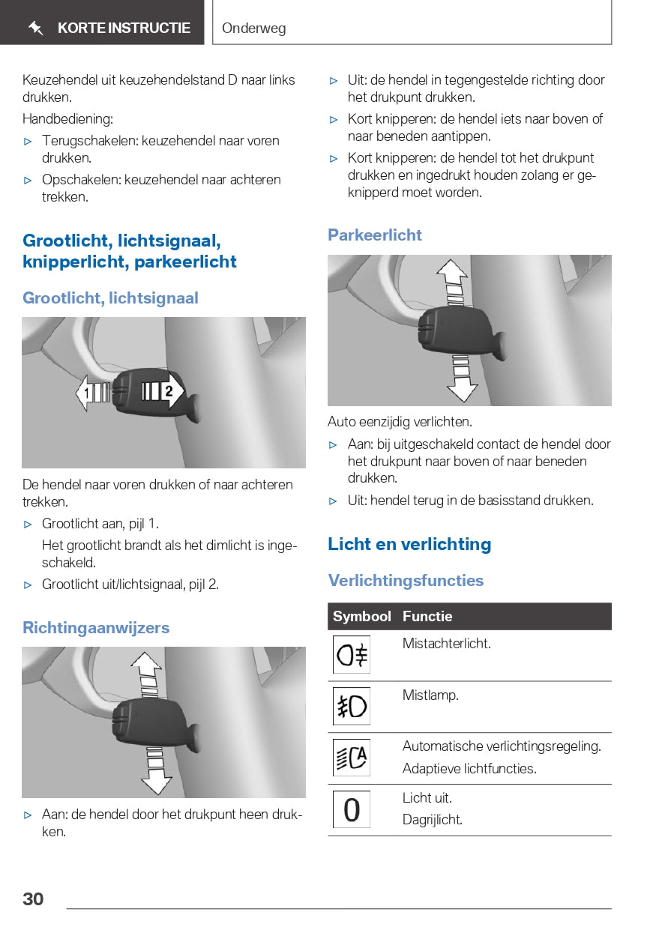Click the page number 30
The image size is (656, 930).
pyautogui.click(x=33, y=899)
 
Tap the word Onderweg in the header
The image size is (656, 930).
pyautogui.click(x=253, y=29)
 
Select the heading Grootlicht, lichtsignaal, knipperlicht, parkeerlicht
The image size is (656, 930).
pyautogui.click(x=130, y=251)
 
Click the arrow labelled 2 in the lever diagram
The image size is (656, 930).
pyautogui.click(x=166, y=391)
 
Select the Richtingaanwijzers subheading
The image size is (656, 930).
pyautogui.click(x=96, y=627)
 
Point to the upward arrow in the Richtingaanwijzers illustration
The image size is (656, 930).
pyautogui.click(x=146, y=674)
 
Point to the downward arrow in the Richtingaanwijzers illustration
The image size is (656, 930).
pyautogui.click(x=156, y=770)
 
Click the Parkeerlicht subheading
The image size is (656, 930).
pyautogui.click(x=375, y=235)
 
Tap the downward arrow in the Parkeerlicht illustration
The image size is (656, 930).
pyautogui.click(x=462, y=378)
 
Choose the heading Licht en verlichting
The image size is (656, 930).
pyautogui.click(x=409, y=544)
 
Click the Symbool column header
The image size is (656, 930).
pyautogui.click(x=362, y=616)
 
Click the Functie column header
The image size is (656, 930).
pyautogui.click(x=427, y=616)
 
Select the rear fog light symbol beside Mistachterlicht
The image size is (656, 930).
pyautogui.click(x=352, y=655)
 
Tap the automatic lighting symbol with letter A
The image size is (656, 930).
pyautogui.click(x=352, y=758)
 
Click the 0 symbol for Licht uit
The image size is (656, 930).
pyautogui.click(x=352, y=810)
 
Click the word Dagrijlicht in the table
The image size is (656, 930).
pyautogui.click(x=433, y=819)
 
